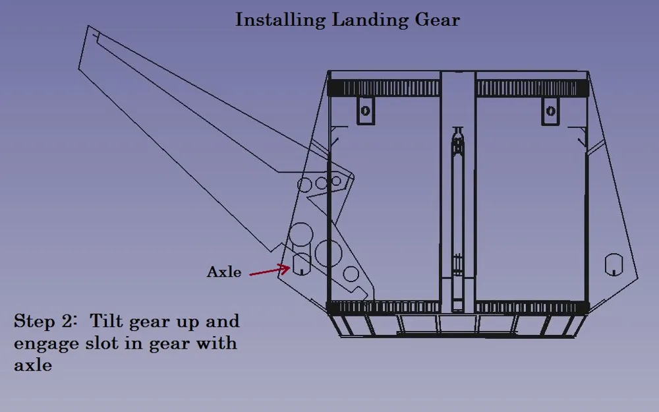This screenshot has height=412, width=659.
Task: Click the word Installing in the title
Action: pos(280,20)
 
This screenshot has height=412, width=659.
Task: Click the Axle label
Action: pos(224,272)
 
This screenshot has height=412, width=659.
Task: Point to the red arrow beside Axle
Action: pos(270,270)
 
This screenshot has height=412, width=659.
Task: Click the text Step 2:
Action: pos(45,322)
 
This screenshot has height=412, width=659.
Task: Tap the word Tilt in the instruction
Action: pos(106,321)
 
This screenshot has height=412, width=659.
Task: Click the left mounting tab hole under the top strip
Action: pos(365,111)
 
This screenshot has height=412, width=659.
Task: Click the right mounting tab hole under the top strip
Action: pos(550,111)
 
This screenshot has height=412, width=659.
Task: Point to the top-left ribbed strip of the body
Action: pos(384,88)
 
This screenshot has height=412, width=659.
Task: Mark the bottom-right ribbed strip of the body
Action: pos(532,307)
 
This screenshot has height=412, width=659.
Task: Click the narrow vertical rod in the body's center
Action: pos(458,219)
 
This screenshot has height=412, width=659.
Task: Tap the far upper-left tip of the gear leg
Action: pos(88,26)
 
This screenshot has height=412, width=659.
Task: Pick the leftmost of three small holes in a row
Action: pos(304,185)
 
